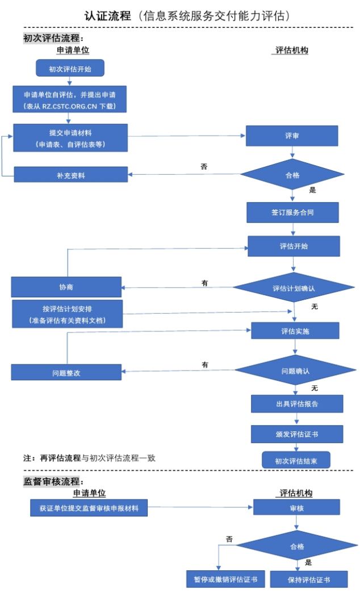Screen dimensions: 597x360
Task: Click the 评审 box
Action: coord(292,136)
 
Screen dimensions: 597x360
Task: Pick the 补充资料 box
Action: coord(70,175)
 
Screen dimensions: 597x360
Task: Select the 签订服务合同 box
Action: coord(292,212)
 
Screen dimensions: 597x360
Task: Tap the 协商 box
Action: coord(66,287)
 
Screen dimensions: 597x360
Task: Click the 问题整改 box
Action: coord(66,372)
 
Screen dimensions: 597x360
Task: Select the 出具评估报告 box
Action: coord(297,404)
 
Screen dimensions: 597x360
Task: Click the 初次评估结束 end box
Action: coord(296,460)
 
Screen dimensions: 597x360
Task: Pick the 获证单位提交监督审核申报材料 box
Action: coord(89,508)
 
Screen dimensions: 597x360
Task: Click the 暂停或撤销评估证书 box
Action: coord(221,579)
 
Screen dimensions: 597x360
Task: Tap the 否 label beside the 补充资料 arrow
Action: coord(204,167)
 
